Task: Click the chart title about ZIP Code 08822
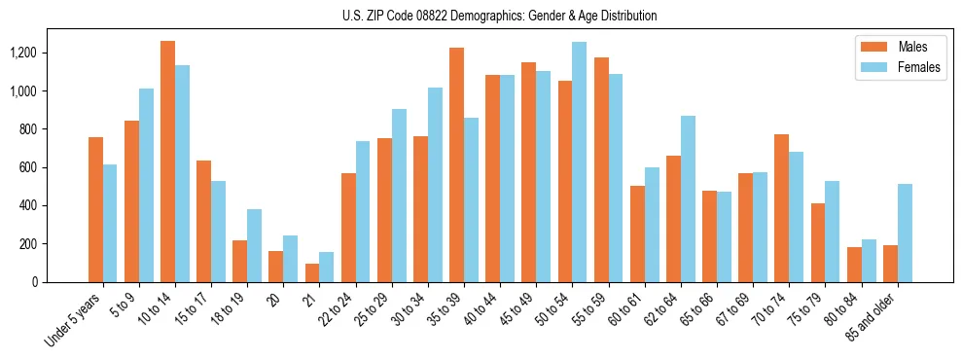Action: [x=500, y=16]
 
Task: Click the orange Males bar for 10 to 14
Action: [x=167, y=162]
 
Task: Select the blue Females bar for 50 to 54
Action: [x=579, y=162]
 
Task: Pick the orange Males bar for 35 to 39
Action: [x=456, y=164]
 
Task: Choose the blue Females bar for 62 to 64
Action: [x=688, y=198]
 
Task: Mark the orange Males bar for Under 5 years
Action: [x=95, y=209]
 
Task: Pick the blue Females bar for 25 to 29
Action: [x=399, y=196]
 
